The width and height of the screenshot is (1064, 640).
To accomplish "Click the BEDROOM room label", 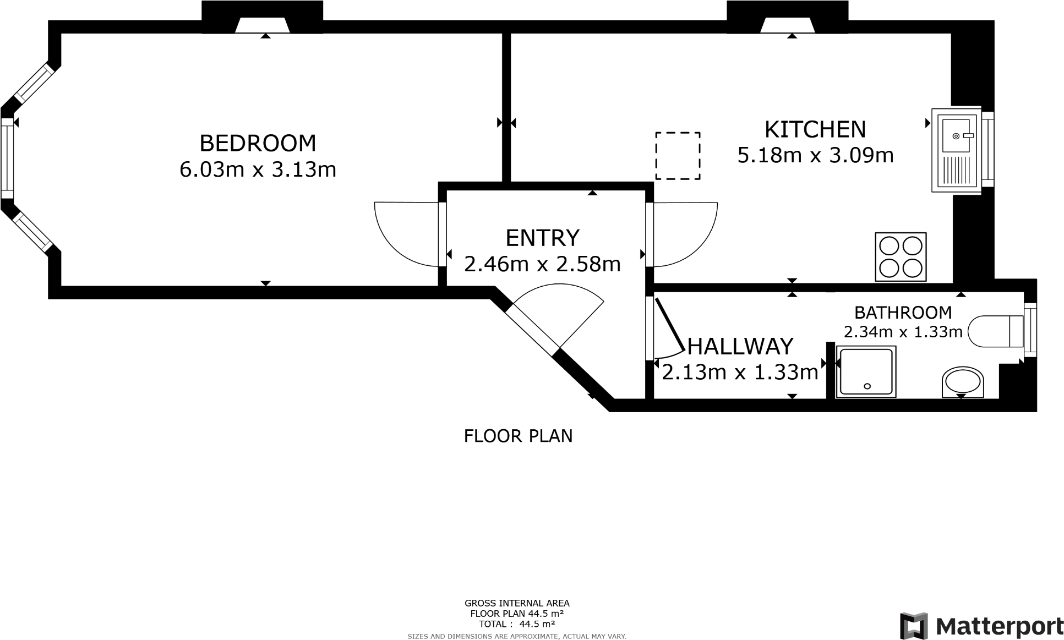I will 258,143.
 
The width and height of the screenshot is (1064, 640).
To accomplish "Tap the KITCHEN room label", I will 815,130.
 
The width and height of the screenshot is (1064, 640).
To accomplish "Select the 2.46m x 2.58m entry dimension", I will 542,265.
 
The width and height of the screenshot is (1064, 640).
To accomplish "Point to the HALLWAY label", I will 740,347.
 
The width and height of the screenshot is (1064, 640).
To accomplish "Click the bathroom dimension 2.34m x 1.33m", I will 903,332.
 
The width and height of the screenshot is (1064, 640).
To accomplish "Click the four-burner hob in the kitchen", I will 900,256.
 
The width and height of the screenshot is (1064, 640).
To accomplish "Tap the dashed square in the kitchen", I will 678,156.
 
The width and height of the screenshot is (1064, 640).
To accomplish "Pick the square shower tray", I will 866,371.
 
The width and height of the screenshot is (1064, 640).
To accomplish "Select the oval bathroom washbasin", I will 962,381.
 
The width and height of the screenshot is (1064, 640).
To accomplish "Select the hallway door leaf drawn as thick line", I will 669,325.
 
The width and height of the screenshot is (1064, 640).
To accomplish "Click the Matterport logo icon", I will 913,626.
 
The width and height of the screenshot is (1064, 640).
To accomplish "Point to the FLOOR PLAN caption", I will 518,436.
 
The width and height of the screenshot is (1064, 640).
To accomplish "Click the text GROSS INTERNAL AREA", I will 517,603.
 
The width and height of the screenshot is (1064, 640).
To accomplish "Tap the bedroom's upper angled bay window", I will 34,83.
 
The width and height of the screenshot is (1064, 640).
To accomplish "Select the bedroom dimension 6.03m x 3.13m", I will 258,169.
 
